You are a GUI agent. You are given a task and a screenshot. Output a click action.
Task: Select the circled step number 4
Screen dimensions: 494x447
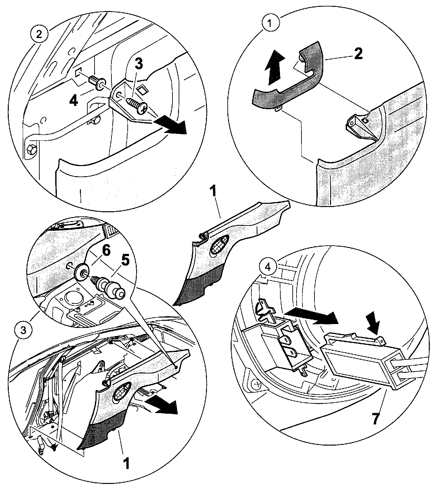pyautogui.click(x=268, y=267)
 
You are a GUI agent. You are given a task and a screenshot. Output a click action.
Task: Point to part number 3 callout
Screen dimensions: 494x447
pyautogui.click(x=138, y=64)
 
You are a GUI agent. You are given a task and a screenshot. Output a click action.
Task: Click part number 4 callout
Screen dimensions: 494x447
pyautogui.click(x=73, y=101)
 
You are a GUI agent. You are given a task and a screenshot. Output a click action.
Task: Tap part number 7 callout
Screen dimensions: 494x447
pyautogui.click(x=375, y=418)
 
